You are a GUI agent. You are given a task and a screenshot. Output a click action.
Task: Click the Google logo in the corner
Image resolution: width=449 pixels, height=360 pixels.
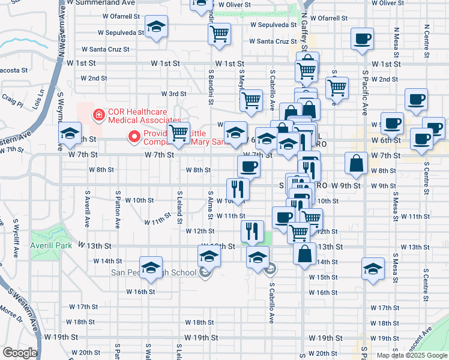click(x=20, y=353)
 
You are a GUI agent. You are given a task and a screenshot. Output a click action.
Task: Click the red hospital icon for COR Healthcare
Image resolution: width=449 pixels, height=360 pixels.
click(x=96, y=113)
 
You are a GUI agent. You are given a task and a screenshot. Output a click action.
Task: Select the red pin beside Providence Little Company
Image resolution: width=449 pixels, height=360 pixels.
click(x=135, y=136)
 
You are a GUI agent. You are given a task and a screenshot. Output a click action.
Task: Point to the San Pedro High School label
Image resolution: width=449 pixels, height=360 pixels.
click(x=154, y=272)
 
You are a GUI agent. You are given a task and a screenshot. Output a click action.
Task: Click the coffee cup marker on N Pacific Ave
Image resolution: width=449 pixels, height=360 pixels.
click(x=362, y=39)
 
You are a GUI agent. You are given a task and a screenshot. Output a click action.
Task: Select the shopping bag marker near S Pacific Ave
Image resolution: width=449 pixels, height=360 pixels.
click(x=357, y=163)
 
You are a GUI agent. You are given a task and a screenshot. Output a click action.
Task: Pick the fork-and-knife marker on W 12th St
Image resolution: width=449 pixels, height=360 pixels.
click(x=252, y=230)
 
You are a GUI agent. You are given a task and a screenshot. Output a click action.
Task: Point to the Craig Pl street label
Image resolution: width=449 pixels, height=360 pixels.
click(x=12, y=100)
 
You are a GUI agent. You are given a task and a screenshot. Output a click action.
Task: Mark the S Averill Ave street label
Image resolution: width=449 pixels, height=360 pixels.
click(x=88, y=209)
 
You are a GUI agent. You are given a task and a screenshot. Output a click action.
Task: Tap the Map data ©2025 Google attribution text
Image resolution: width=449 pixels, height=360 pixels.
click(x=412, y=355)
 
